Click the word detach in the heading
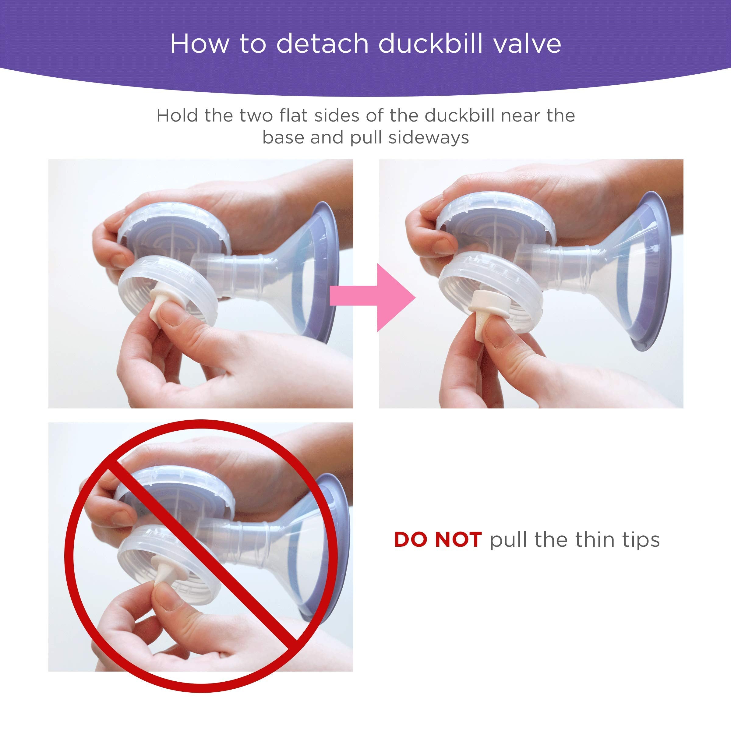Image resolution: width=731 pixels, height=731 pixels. pyautogui.click(x=322, y=44)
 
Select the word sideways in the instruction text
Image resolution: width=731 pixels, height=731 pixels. pyautogui.click(x=429, y=137)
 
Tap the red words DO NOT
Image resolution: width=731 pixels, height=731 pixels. pyautogui.click(x=437, y=539)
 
